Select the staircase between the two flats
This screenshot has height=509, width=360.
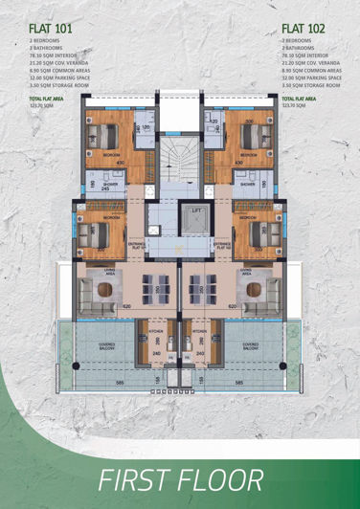[x=179, y=158]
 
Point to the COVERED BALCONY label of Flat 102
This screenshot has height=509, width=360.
[x=251, y=344]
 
